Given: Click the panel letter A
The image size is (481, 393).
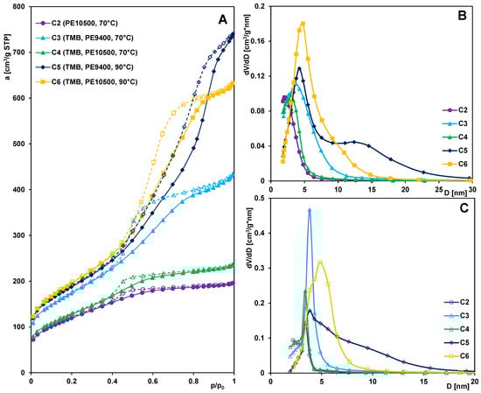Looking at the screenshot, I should (224, 15).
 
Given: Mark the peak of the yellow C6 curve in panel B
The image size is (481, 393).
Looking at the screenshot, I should (303, 24).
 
